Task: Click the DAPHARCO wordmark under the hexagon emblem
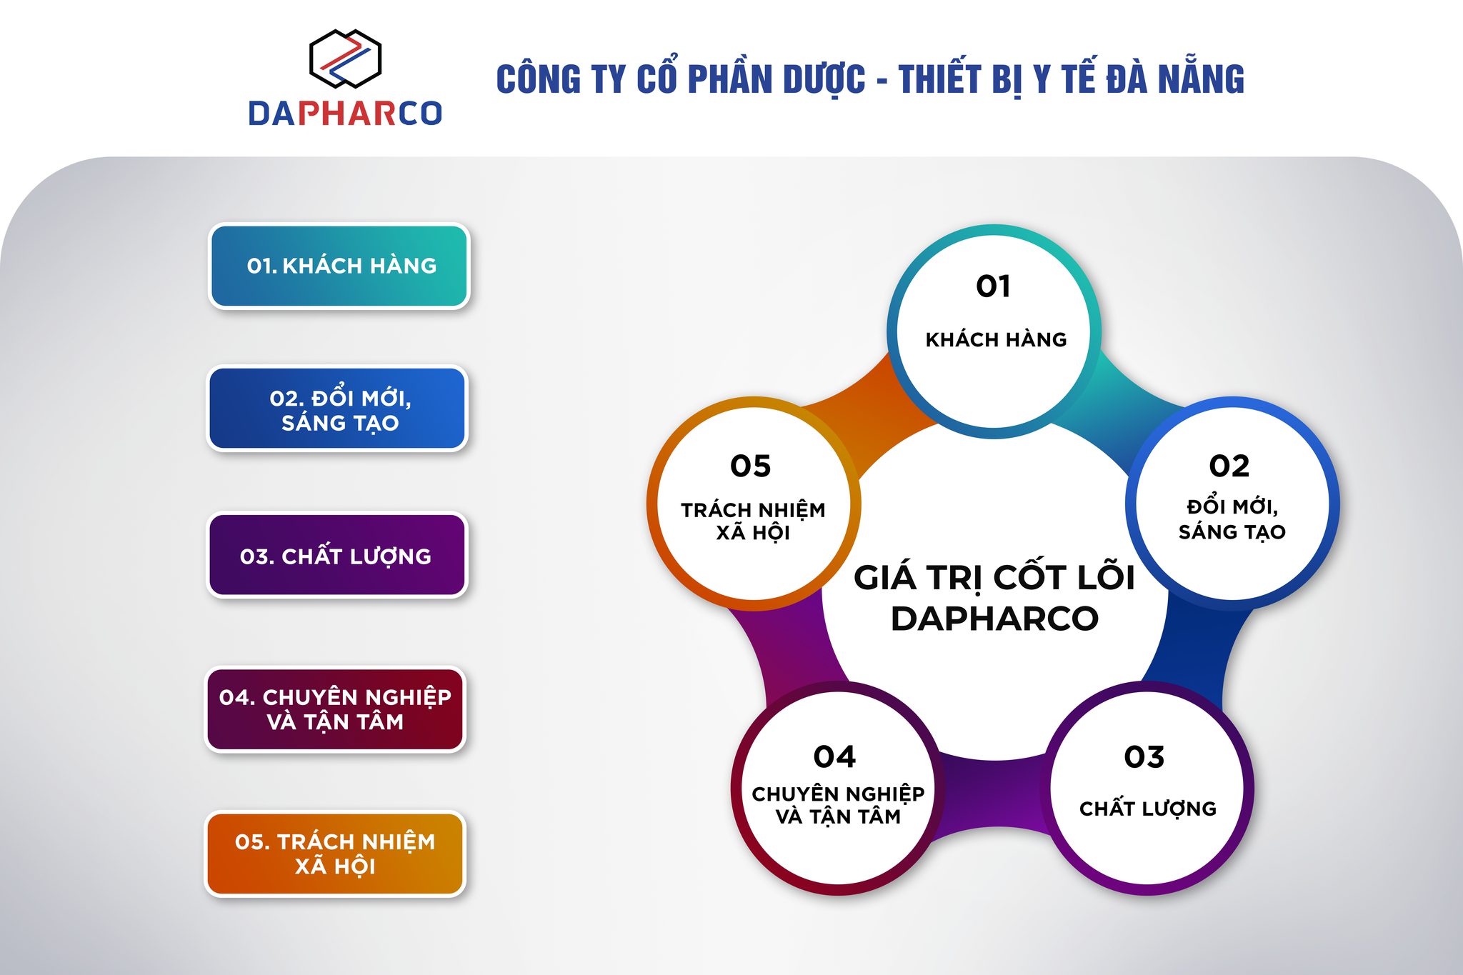click(345, 114)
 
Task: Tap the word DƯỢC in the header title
click(824, 80)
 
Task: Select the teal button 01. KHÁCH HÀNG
click(339, 266)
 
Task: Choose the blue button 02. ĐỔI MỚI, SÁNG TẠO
click(338, 409)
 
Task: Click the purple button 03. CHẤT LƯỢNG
click(336, 555)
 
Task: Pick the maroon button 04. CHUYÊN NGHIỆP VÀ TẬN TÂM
click(335, 709)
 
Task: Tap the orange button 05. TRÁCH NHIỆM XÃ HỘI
click(335, 854)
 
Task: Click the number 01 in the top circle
click(993, 286)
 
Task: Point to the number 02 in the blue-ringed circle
click(1229, 466)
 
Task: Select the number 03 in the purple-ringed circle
click(1144, 757)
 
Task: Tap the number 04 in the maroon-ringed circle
click(834, 757)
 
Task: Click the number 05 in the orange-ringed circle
click(750, 466)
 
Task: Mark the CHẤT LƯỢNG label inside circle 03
click(1147, 808)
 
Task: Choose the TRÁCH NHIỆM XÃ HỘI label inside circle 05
click(753, 521)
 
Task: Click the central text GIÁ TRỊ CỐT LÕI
click(994, 578)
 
